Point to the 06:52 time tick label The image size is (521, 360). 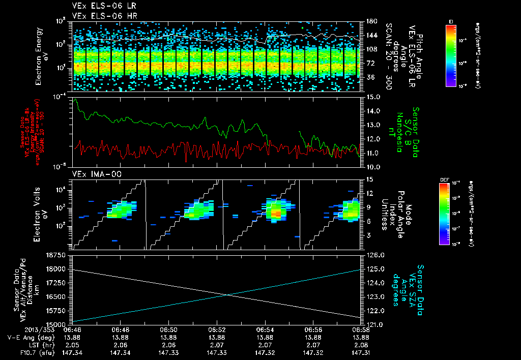click(217, 329)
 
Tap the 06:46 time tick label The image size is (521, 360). click(72, 329)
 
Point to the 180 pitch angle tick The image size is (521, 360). click(370, 21)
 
